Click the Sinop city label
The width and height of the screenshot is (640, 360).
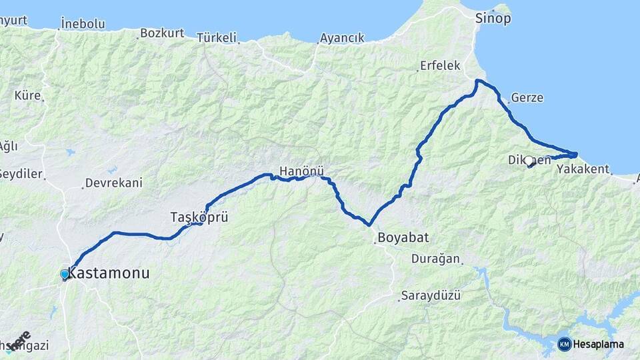(x=493, y=19)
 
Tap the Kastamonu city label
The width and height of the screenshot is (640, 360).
(x=109, y=274)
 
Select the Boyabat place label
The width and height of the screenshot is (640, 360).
(x=403, y=237)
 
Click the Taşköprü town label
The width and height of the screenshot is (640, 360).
(x=195, y=217)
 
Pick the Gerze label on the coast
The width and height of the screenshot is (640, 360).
(x=527, y=98)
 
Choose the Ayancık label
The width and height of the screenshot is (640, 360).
(x=342, y=38)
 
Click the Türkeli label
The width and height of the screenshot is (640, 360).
(x=217, y=38)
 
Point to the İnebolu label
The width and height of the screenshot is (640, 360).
(x=83, y=24)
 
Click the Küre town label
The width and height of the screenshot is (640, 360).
(x=27, y=95)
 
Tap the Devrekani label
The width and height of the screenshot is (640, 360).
(x=114, y=183)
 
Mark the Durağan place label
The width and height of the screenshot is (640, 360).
(x=435, y=259)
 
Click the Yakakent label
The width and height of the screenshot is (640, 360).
(x=583, y=169)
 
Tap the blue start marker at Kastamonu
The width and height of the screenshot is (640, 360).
(x=65, y=274)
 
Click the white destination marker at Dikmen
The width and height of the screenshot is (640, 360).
(x=529, y=161)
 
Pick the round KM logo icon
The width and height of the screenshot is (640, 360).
(x=565, y=344)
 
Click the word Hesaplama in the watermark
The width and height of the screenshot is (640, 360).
(x=599, y=345)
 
